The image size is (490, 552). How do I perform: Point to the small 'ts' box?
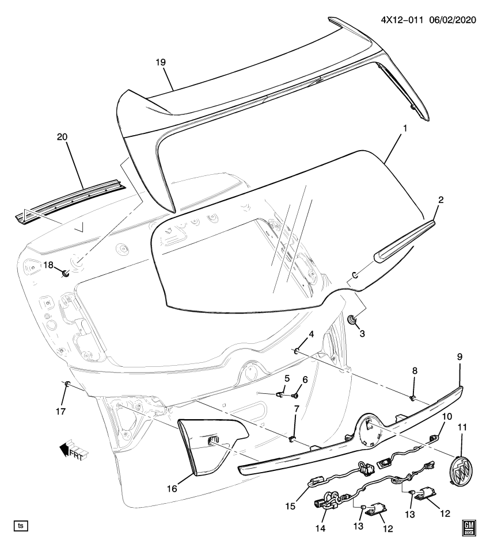point(21,526)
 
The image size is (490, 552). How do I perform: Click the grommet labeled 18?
point(65,272)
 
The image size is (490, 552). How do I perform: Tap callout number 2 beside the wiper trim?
point(440,200)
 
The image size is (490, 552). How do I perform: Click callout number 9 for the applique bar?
point(459,356)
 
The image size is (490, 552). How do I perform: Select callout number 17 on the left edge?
point(61,411)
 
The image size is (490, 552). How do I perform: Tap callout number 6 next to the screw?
point(305,379)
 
